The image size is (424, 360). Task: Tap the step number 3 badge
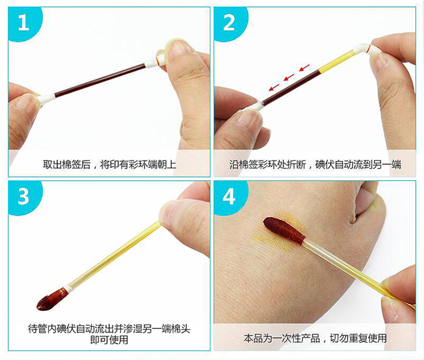pos(24,197)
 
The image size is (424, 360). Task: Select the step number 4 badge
pos(230,197)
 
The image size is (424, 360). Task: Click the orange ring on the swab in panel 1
pos(157,59)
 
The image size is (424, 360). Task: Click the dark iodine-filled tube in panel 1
pos(100,80)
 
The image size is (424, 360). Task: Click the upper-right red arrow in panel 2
pos(304,68)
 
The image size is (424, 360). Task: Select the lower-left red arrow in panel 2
pos(274,87)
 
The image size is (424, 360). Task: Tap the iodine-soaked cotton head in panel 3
pos(51,300)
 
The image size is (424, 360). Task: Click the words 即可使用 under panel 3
pos(109,340)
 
